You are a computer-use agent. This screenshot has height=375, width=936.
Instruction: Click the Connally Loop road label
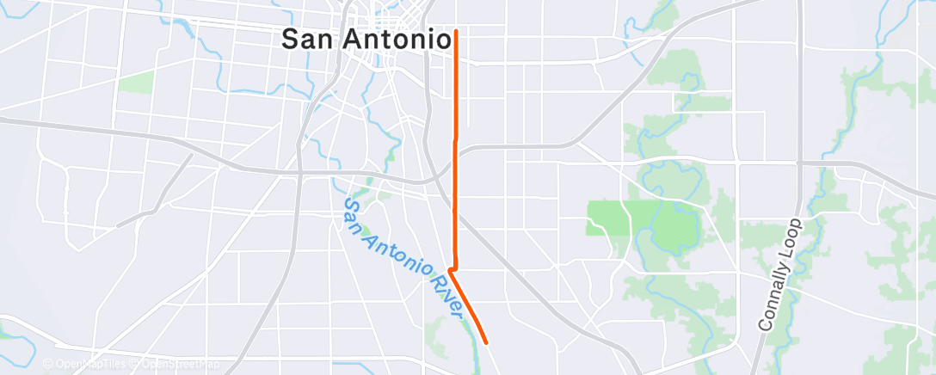point(780,274)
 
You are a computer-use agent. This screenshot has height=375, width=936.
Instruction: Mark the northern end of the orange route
point(455,31)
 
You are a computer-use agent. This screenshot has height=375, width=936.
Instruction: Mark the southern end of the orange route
point(488,342)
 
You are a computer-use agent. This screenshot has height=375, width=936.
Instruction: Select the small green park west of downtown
point(135,83)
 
